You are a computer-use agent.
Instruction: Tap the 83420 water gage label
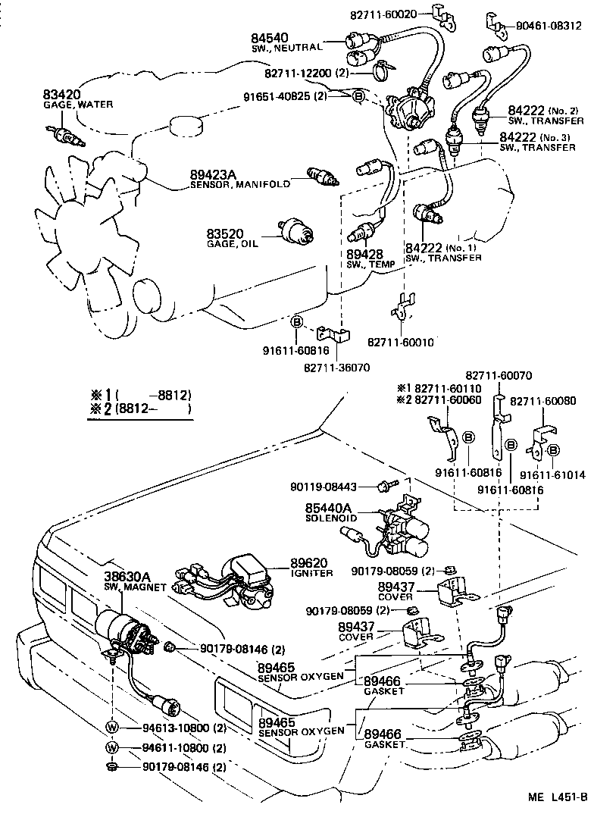pyautogui.click(x=61, y=94)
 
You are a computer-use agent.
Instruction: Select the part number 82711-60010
pyautogui.click(x=401, y=342)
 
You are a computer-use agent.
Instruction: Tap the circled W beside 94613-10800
pyautogui.click(x=112, y=728)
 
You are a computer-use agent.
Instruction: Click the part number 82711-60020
pyautogui.click(x=385, y=14)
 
